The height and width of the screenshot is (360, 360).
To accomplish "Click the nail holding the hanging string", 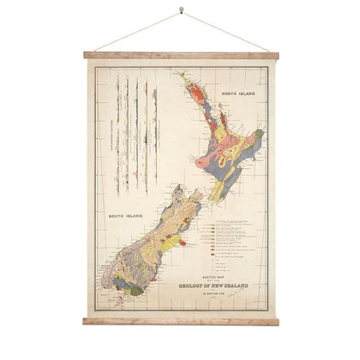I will (x=181, y=11).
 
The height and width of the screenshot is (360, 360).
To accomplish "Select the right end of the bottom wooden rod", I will (x=274, y=321).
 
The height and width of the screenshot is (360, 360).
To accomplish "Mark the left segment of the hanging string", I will (x=137, y=32).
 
